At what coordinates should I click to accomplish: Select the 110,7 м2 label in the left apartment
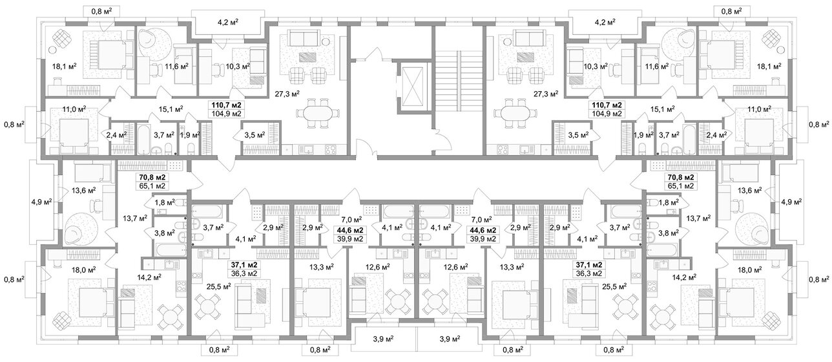227,105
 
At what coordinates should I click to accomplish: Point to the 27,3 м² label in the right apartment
546,94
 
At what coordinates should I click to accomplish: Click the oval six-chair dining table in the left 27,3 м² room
317,112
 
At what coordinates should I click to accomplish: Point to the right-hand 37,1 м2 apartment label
588,265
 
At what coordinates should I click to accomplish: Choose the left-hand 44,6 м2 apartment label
349,230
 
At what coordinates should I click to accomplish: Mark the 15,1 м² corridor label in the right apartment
662,109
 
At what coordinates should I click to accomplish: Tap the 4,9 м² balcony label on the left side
41,202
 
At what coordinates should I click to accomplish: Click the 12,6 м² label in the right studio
457,266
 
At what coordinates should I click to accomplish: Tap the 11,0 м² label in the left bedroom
74,109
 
